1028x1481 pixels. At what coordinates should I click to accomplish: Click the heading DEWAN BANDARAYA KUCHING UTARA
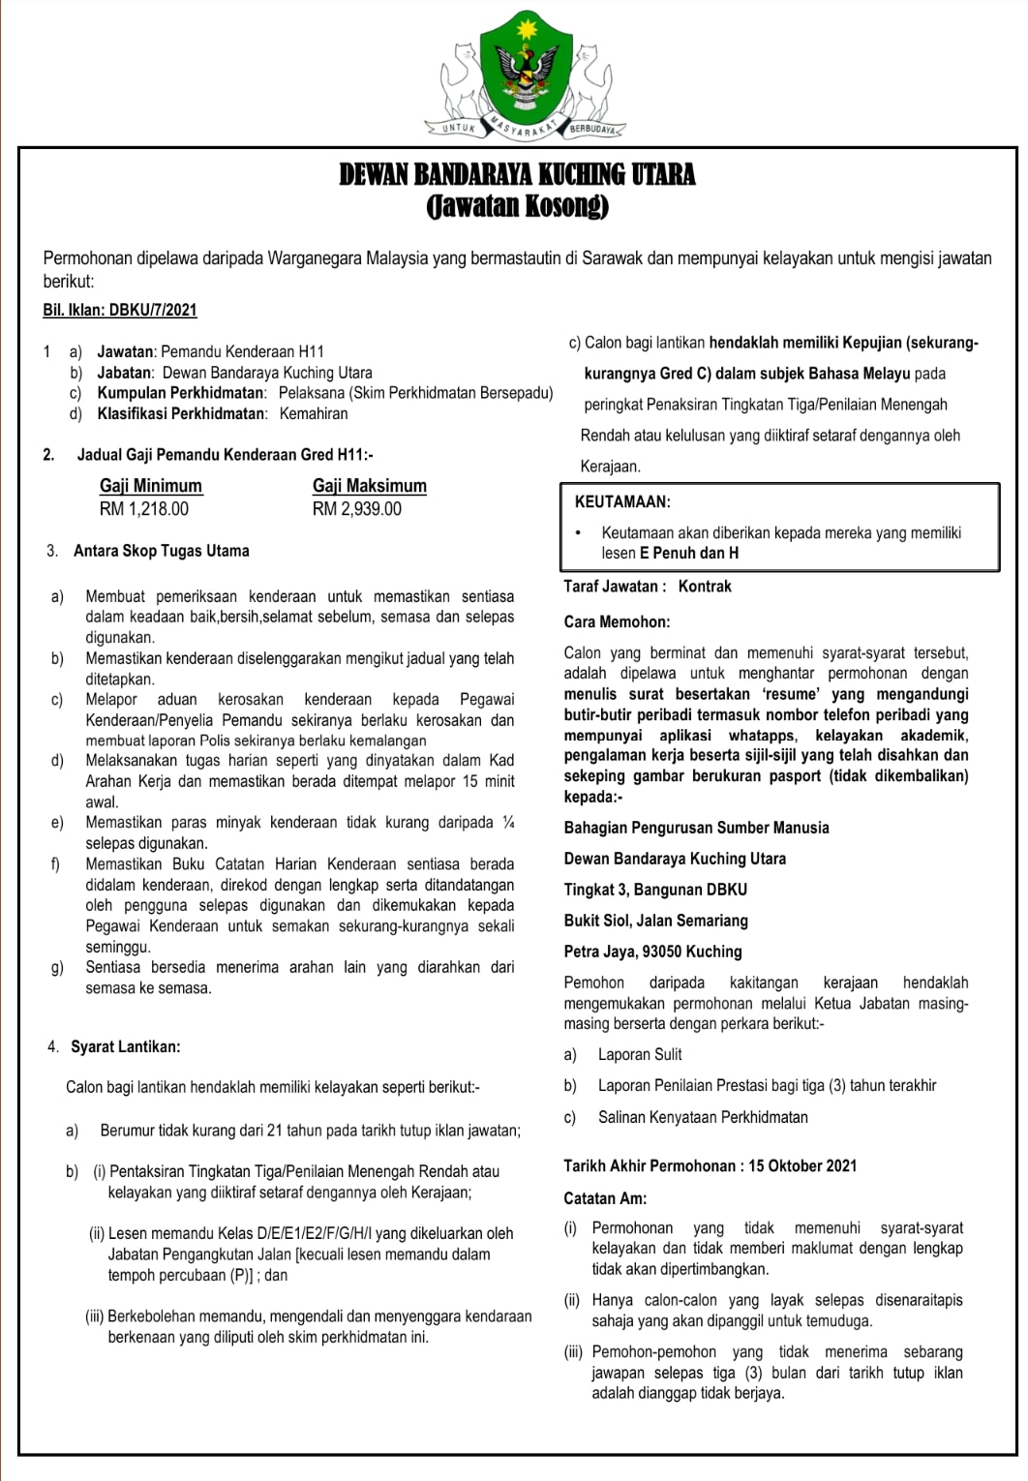pyautogui.click(x=517, y=174)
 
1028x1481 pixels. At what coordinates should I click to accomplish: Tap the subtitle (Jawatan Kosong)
pyautogui.click(x=517, y=206)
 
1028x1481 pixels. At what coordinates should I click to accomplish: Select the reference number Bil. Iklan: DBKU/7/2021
pyautogui.click(x=120, y=310)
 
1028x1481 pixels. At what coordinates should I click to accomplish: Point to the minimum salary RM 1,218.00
pyautogui.click(x=144, y=509)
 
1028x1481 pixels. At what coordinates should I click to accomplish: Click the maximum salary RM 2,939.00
pyautogui.click(x=356, y=509)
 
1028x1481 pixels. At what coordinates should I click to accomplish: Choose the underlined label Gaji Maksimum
pyautogui.click(x=369, y=486)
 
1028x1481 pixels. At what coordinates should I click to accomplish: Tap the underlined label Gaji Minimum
pyautogui.click(x=151, y=486)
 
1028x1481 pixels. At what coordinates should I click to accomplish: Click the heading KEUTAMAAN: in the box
pyautogui.click(x=622, y=502)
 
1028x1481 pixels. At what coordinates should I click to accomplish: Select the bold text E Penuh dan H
pyautogui.click(x=689, y=554)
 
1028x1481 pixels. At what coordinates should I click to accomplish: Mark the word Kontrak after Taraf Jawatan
pyautogui.click(x=705, y=587)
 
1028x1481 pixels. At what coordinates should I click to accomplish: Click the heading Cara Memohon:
pyautogui.click(x=617, y=622)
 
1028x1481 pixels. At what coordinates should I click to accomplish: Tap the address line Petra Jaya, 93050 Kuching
pyautogui.click(x=652, y=952)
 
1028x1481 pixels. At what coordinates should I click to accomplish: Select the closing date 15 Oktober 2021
pyautogui.click(x=802, y=1166)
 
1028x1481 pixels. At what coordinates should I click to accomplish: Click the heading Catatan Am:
pyautogui.click(x=605, y=1198)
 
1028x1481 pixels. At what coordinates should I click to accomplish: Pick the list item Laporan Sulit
pyautogui.click(x=640, y=1055)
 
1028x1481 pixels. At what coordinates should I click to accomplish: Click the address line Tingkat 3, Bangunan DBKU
pyautogui.click(x=655, y=890)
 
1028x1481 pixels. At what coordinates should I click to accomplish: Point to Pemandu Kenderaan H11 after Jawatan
pyautogui.click(x=242, y=352)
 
